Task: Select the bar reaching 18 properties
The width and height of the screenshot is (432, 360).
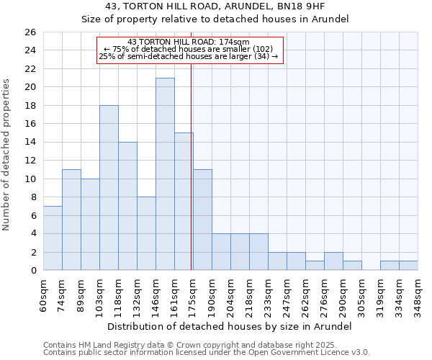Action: (109, 187)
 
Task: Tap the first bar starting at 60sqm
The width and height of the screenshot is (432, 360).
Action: (53, 238)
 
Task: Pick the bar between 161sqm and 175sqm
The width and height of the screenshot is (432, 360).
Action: (184, 201)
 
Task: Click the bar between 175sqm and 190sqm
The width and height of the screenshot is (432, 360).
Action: (202, 220)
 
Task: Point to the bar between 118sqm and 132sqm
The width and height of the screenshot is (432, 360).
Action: (127, 206)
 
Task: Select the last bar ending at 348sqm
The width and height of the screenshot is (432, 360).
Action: (408, 266)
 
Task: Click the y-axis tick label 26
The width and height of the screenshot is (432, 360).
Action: (30, 32)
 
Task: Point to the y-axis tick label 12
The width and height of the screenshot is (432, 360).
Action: (30, 161)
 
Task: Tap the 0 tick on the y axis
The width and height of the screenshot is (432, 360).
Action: (32, 271)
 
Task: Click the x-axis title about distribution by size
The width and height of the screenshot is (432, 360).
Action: (230, 326)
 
